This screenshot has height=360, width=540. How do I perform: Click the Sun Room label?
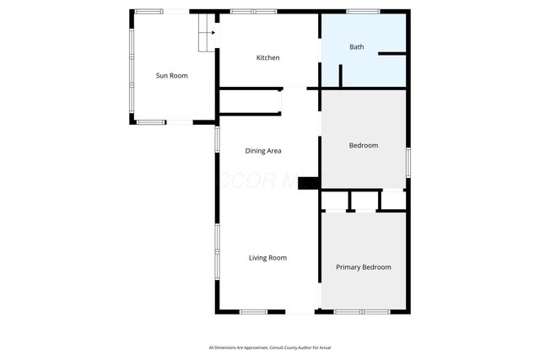coord(171,76)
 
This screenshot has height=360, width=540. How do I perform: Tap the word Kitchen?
coord(268,57)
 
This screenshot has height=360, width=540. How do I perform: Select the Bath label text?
coord(357,46)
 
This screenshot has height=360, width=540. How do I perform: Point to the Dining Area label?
coord(263,151)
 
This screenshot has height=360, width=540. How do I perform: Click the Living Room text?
coord(267,258)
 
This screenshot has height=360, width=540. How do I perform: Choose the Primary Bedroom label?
coord(364,267)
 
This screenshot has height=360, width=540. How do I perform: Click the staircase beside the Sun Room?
coord(203,34)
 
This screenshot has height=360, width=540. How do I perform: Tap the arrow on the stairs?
coord(212,33)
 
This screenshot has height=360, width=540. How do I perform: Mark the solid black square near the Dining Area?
coord(308,182)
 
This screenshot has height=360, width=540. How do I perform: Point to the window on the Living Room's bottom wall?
coord(253,313)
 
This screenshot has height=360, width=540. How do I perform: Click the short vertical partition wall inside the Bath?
coord(340,74)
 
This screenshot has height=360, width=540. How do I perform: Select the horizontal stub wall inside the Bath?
coord(392,54)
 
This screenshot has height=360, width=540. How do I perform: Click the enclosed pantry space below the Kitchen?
coord(249,102)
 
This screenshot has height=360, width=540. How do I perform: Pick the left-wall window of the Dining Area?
coord(217,139)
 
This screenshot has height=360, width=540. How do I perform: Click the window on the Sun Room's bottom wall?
coord(152,123)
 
